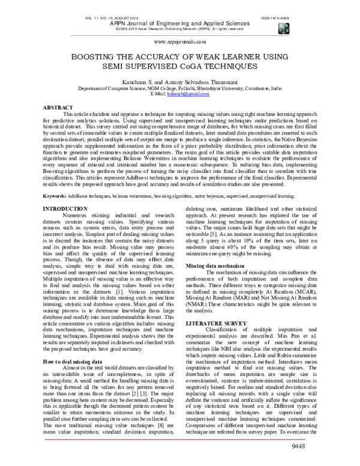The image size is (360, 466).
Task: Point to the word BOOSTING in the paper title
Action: (101, 55)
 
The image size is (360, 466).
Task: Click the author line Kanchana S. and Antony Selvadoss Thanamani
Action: (179, 79)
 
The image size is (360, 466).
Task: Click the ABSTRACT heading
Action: (58, 107)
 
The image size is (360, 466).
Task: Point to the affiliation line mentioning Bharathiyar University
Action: (179, 88)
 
